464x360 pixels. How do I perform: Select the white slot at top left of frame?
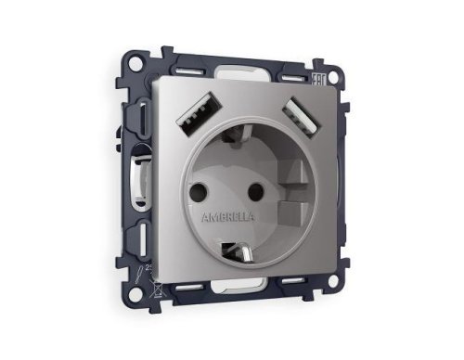(x=186, y=71)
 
